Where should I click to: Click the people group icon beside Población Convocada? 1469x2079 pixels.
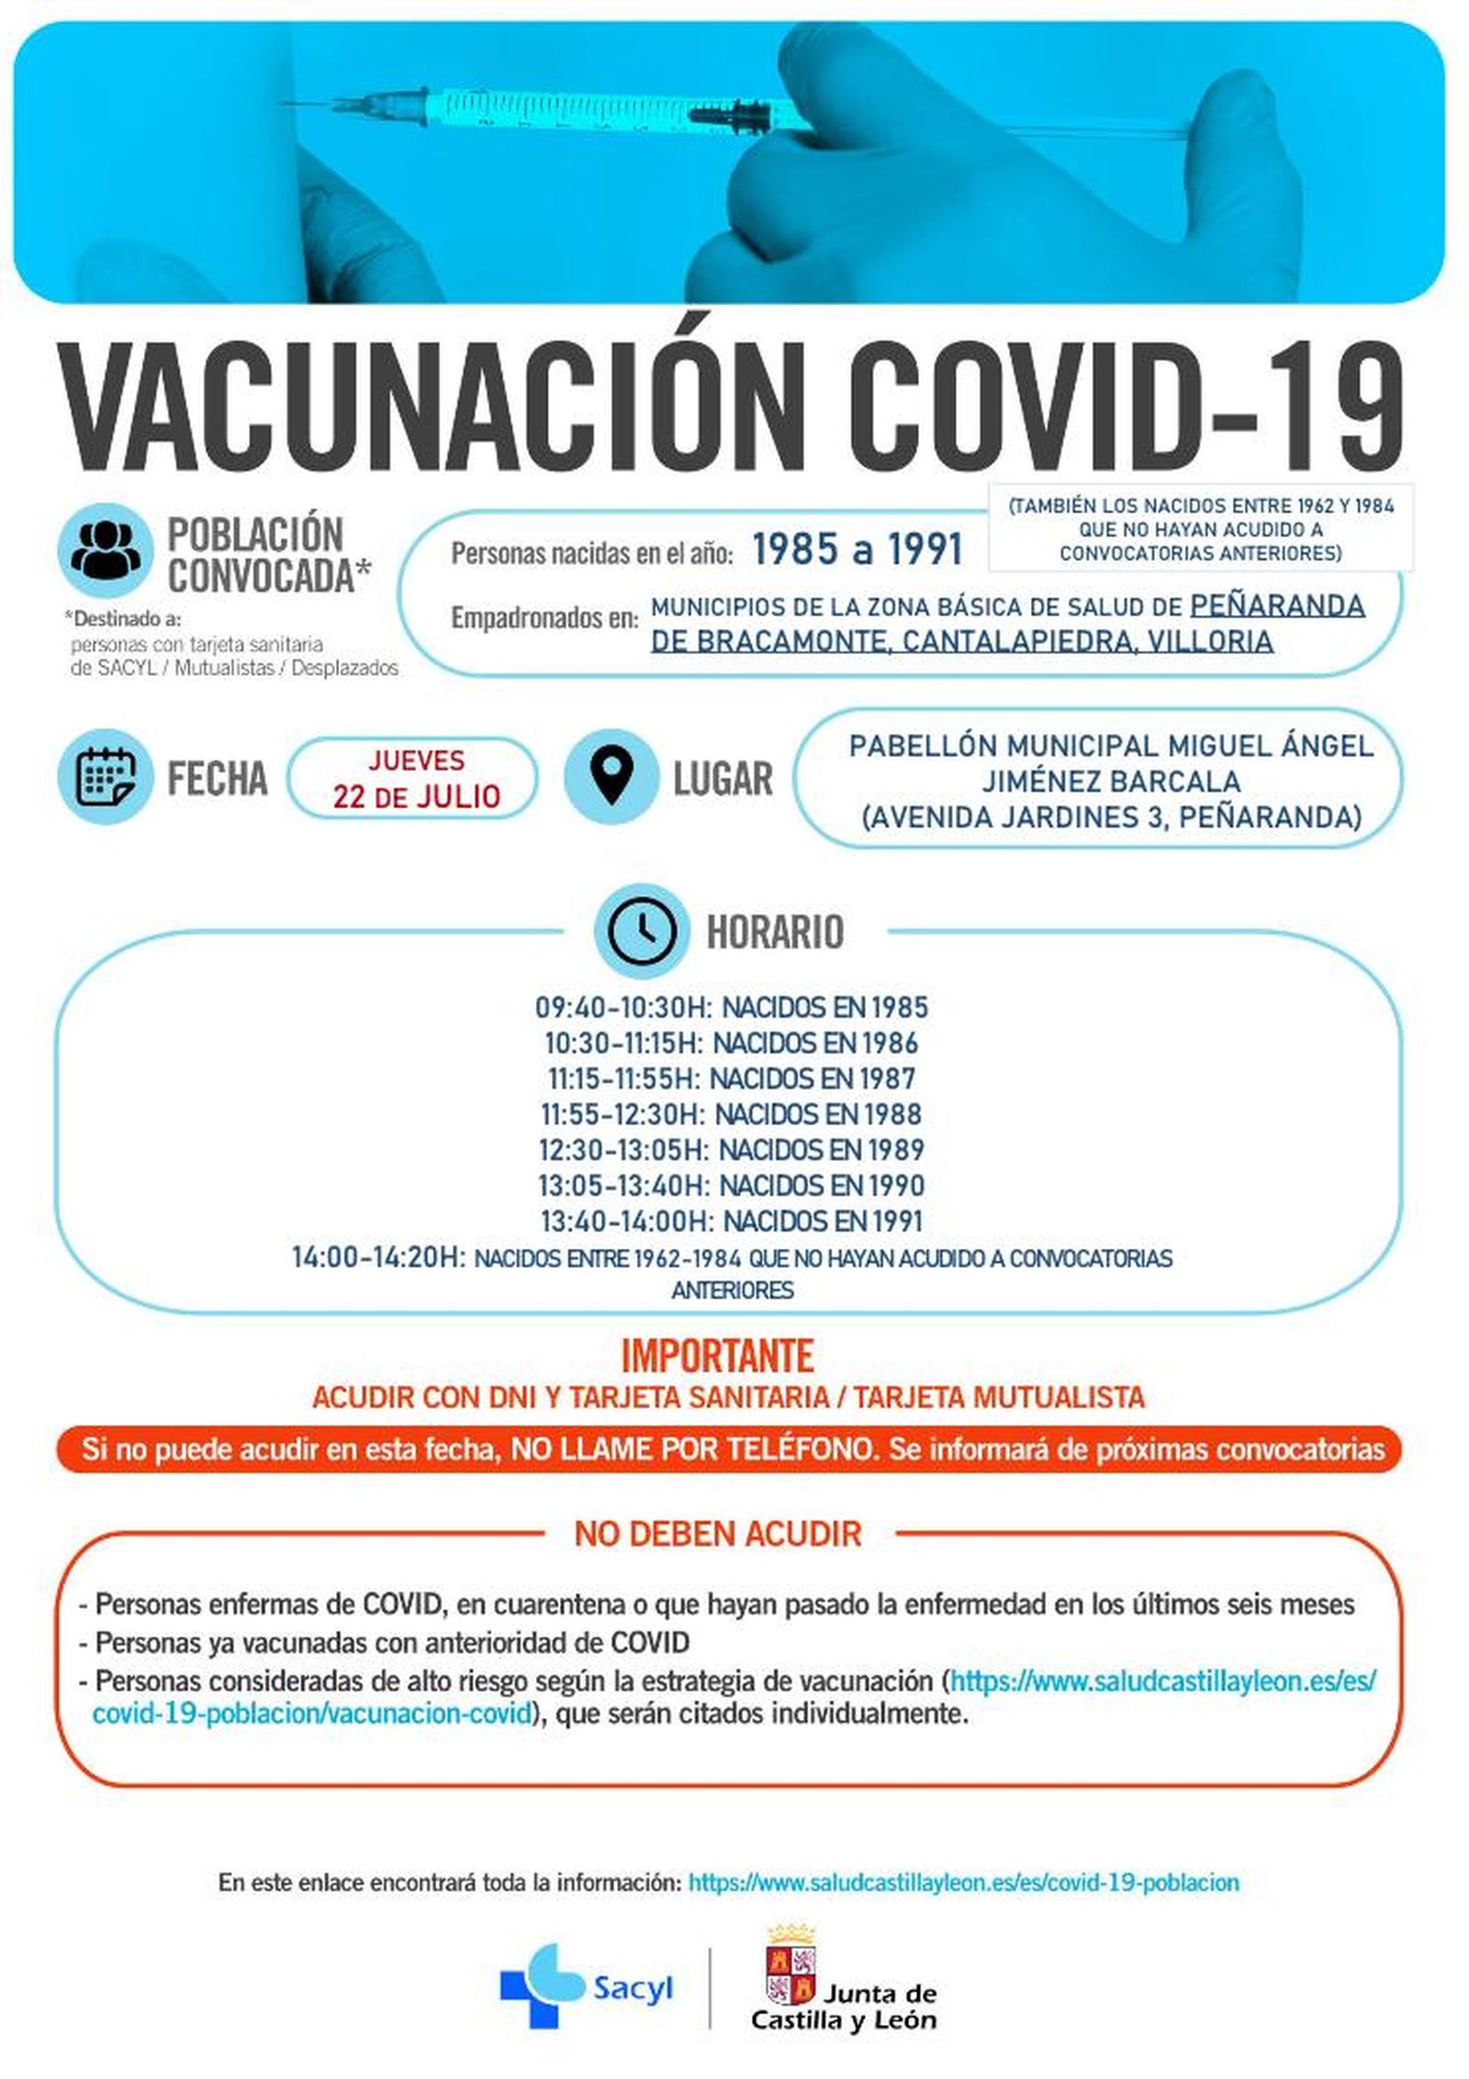tap(105, 550)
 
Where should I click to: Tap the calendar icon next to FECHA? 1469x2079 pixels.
tap(105, 776)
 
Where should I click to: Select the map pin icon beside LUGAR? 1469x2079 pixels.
tap(611, 776)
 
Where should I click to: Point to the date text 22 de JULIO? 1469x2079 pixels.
tap(416, 795)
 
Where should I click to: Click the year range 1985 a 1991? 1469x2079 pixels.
tap(857, 550)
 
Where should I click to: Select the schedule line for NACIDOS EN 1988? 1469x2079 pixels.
tap(731, 1114)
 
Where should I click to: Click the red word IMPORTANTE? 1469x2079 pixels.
tap(717, 1355)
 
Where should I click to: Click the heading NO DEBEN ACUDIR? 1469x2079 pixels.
tap(717, 1534)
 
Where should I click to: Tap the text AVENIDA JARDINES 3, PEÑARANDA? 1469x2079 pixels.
tap(1111, 815)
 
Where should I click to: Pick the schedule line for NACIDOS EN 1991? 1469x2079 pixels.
tap(731, 1221)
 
